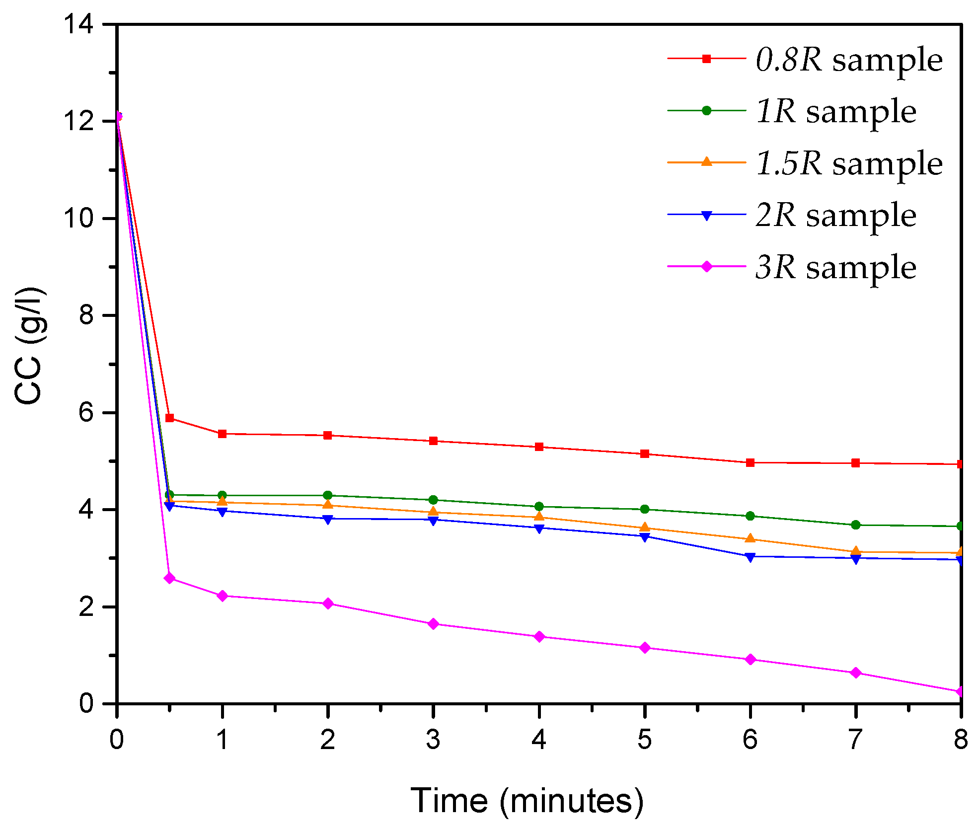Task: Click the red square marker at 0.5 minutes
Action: pyautogui.click(x=169, y=418)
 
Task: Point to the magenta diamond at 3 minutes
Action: pyautogui.click(x=433, y=624)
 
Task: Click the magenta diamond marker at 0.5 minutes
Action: pyautogui.click(x=169, y=578)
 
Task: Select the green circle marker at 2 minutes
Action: pyautogui.click(x=328, y=495)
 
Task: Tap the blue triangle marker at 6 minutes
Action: pyautogui.click(x=750, y=556)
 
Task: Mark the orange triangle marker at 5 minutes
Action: pyautogui.click(x=645, y=528)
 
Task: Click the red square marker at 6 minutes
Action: pyautogui.click(x=750, y=462)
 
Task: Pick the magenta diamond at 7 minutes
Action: pyautogui.click(x=855, y=673)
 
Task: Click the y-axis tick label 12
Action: pyautogui.click(x=79, y=121)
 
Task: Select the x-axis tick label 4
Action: pyautogui.click(x=539, y=740)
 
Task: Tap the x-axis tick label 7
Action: pyautogui.click(x=855, y=740)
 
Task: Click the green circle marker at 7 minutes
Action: pyautogui.click(x=855, y=525)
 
